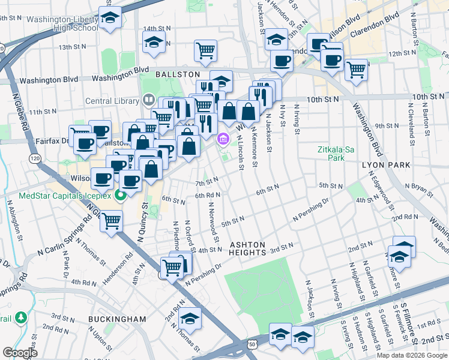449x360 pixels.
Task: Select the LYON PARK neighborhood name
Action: click(385, 164)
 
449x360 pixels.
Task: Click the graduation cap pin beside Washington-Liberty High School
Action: click(110, 19)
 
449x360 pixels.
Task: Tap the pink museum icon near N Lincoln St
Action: click(223, 139)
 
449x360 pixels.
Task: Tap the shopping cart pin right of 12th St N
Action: click(357, 70)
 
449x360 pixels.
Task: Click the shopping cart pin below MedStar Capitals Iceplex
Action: click(111, 221)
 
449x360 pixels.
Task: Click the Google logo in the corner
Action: click(20, 353)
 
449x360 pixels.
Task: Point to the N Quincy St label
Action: click(143, 220)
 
